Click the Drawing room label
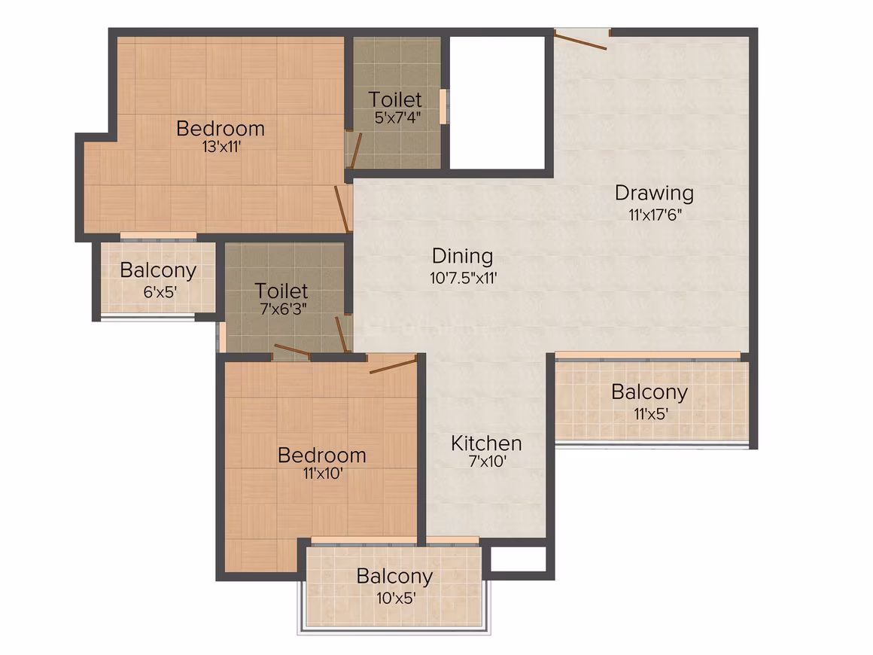(x=654, y=193)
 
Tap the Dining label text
(x=463, y=256)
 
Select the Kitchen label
(x=487, y=443)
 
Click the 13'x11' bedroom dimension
(x=221, y=147)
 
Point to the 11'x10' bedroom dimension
(x=322, y=474)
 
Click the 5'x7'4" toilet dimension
(x=397, y=117)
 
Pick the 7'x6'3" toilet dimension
(x=284, y=309)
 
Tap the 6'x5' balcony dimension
(x=160, y=292)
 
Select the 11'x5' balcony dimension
(x=651, y=414)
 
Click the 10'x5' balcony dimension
(x=396, y=599)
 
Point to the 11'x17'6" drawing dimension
(x=656, y=215)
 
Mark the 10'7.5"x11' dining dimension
(x=464, y=277)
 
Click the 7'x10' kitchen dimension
(x=487, y=462)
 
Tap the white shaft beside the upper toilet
(x=497, y=102)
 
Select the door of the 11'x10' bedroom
(x=393, y=367)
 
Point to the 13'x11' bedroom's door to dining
(x=342, y=209)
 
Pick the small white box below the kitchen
(x=518, y=559)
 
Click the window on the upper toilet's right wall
(x=443, y=106)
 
